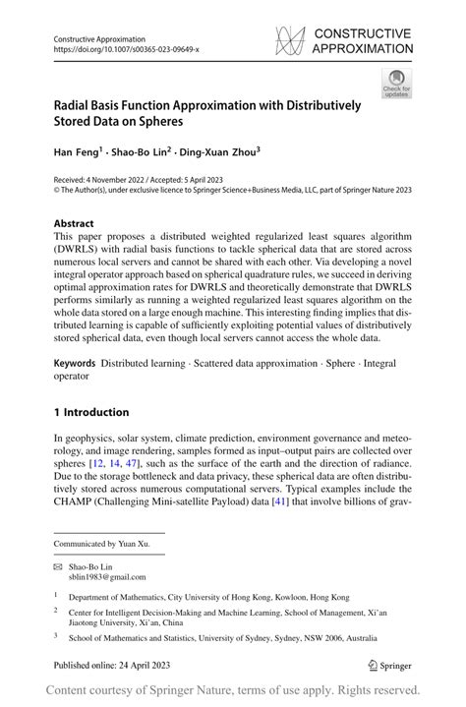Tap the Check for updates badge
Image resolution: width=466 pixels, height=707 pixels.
click(x=397, y=83)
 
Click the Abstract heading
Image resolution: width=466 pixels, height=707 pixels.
click(x=74, y=223)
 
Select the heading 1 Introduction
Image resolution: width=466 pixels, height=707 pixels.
click(x=90, y=412)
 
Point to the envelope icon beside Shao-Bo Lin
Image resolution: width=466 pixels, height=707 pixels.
click(x=58, y=567)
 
